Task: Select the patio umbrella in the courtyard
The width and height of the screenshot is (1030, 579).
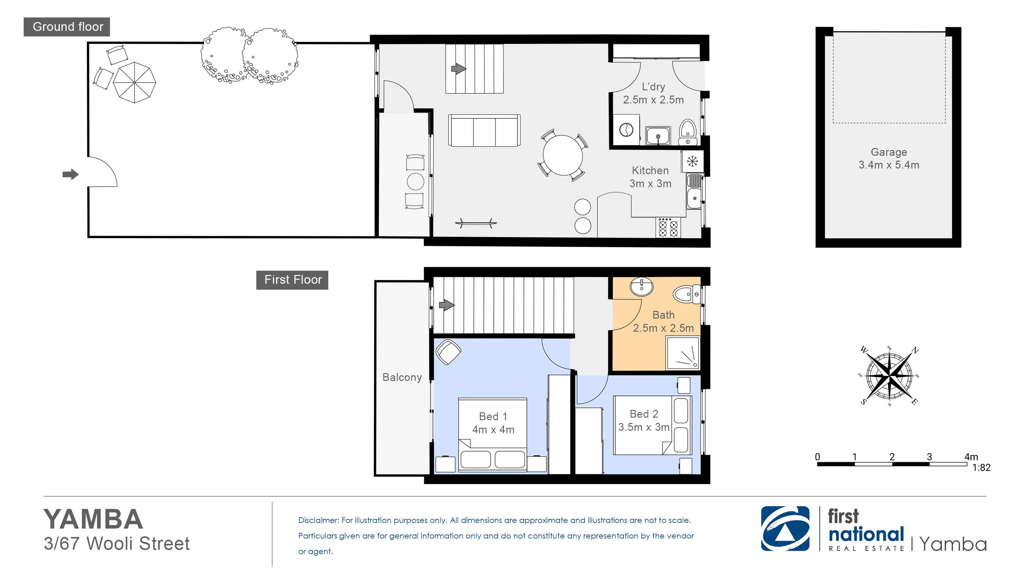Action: [x=134, y=82]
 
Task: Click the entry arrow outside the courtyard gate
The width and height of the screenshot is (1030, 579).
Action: [x=71, y=174]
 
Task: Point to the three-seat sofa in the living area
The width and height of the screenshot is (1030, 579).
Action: [x=484, y=131]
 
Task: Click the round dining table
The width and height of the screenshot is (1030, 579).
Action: [x=562, y=155]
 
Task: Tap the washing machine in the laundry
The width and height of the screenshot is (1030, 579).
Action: [x=626, y=130]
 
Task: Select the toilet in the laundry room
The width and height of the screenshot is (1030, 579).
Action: [x=688, y=132]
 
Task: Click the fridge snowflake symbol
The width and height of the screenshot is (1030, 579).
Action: [x=692, y=162]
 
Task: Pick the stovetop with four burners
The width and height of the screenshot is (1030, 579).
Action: [x=668, y=228]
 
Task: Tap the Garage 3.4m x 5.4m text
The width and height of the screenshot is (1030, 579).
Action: [x=889, y=158]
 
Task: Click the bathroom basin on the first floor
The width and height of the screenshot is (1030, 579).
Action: [x=641, y=287]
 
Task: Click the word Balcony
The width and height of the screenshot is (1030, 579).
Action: [x=402, y=377]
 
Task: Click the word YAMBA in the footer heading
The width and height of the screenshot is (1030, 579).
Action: [x=93, y=520]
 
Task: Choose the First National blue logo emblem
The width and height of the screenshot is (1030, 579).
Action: [x=785, y=529]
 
